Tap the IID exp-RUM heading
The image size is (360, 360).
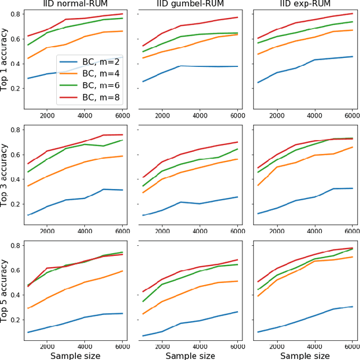click(x=304, y=4)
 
